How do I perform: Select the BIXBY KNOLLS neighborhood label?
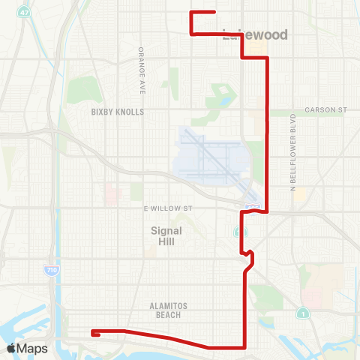click(x=117, y=112)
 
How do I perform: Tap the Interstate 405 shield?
click(x=254, y=204)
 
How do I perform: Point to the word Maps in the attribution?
click(x=33, y=348)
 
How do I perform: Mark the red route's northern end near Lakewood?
click(x=215, y=12)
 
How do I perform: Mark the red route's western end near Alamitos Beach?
click(x=92, y=331)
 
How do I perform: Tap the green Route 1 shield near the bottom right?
click(x=302, y=312)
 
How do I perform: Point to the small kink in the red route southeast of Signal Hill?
click(x=250, y=259)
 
